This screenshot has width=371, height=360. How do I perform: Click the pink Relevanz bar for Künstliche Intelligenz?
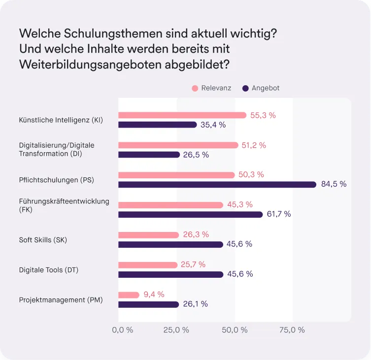point(182,115)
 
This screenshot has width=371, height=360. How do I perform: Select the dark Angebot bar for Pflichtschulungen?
point(217,184)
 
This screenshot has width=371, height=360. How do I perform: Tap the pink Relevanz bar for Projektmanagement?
point(129,295)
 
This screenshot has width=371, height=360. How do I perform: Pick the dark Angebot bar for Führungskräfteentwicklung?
point(190,214)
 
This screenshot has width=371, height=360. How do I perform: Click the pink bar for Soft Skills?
point(148,235)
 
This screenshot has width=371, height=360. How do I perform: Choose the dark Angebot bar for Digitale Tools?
point(170,274)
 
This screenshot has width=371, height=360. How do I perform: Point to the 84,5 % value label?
point(334,184)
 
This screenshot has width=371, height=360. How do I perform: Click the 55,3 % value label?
point(263,115)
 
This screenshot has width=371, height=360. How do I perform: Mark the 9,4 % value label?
point(153,295)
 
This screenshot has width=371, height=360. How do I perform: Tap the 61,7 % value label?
point(278,214)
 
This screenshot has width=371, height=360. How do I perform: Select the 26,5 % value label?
point(196,155)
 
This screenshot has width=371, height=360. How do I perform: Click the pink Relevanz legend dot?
point(195,88)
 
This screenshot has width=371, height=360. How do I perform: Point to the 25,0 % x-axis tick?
point(176,330)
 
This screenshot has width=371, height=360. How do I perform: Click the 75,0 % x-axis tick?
point(292,330)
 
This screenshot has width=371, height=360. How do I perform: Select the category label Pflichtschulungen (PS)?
point(56,180)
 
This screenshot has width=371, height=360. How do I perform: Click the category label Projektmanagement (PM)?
point(61,299)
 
